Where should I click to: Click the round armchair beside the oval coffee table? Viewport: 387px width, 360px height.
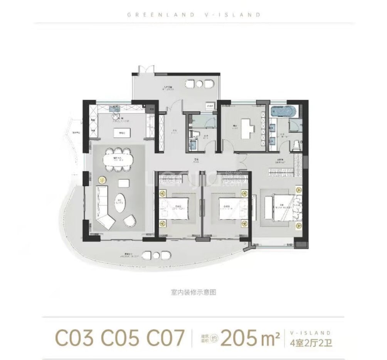pos(130,221)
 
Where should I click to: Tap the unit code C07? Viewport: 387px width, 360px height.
pos(165,339)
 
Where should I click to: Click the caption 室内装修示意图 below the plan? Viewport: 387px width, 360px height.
pos(194,292)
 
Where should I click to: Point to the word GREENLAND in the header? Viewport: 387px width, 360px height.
pos(148,15)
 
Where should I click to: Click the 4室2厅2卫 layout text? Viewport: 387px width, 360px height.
pos(308,343)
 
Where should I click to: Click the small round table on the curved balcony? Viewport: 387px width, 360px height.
pos(156,255)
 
